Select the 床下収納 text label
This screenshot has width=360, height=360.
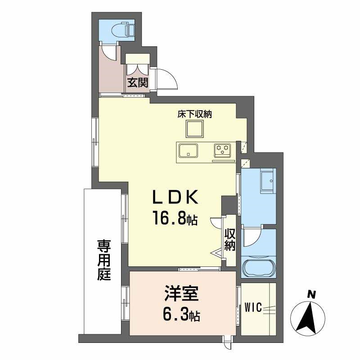click(194, 114)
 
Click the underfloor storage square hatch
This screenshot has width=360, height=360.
click(194, 130)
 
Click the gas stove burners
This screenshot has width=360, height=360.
click(222, 149)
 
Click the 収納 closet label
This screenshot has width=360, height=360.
click(230, 240)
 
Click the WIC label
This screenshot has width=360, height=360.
click(254, 309)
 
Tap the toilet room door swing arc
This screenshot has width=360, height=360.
click(108, 52)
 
